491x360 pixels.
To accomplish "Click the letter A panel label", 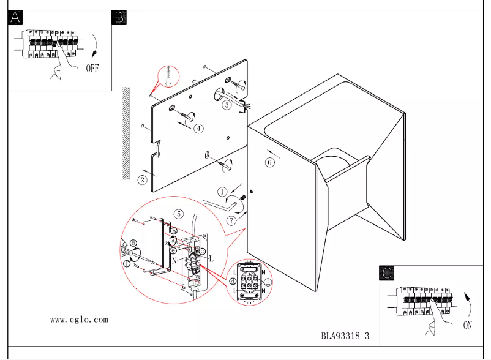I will tap(15, 17).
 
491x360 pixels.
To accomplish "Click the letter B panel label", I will tap(119, 17).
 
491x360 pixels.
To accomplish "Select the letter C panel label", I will tap(386, 274).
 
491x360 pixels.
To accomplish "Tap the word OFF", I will tap(92, 68).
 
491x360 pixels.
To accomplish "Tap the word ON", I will tap(467, 325).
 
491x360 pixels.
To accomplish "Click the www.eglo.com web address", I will tap(79, 320).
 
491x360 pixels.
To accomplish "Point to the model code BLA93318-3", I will tap(345, 336).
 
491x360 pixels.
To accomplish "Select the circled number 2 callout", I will tap(142, 179).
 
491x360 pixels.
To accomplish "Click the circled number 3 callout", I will tap(227, 105).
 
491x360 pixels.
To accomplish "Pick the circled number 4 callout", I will tap(199, 129).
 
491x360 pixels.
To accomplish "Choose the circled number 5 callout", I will tap(178, 214).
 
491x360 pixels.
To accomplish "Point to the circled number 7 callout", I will tap(231, 220).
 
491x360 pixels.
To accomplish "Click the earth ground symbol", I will tap(268, 283).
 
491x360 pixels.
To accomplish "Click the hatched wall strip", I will tap(126, 132).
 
